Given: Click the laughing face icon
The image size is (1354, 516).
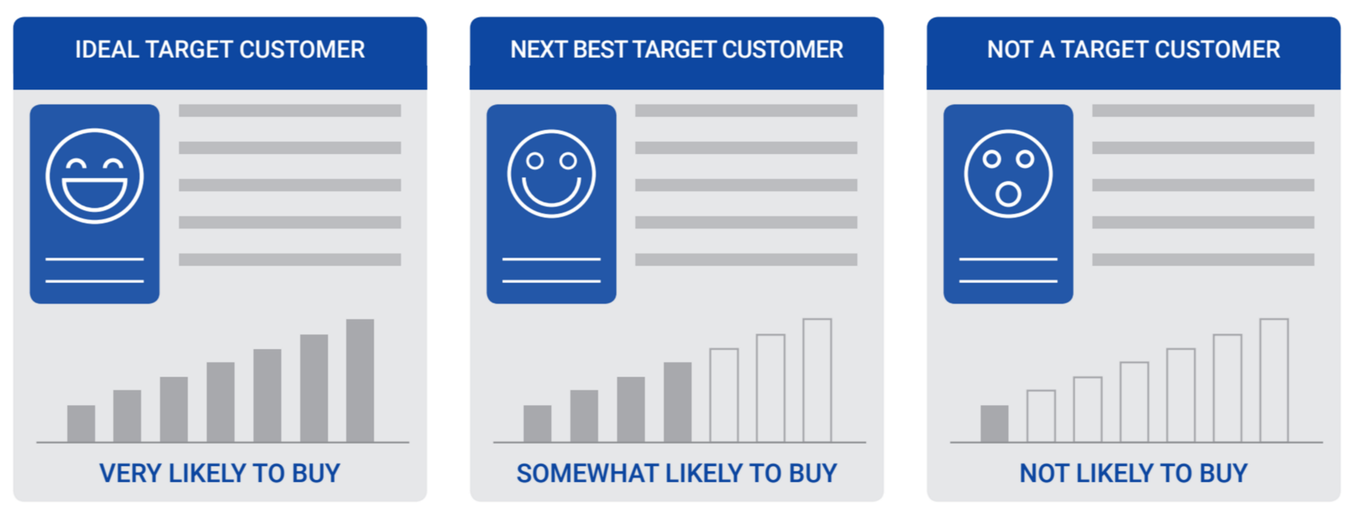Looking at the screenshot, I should click(95, 176).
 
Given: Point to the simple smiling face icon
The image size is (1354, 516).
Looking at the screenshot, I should click(551, 174).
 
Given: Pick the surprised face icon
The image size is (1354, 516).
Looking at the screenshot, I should click(1008, 174).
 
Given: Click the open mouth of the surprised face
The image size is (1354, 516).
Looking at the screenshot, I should click(1008, 194).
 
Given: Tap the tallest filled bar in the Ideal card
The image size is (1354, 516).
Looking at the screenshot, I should click(360, 380).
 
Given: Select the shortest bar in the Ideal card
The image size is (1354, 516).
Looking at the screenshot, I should click(81, 424).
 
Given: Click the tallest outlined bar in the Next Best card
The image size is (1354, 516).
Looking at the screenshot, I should click(817, 380).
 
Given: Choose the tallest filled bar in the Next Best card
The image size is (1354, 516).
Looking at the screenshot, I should click(678, 402).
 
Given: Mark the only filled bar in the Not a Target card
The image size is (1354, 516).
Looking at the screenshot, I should click(994, 424).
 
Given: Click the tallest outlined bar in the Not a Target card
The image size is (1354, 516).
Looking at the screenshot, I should click(1274, 380).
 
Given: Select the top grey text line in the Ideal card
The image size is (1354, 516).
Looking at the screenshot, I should click(290, 111).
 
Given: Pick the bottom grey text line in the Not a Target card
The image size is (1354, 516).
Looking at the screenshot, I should click(1203, 260).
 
